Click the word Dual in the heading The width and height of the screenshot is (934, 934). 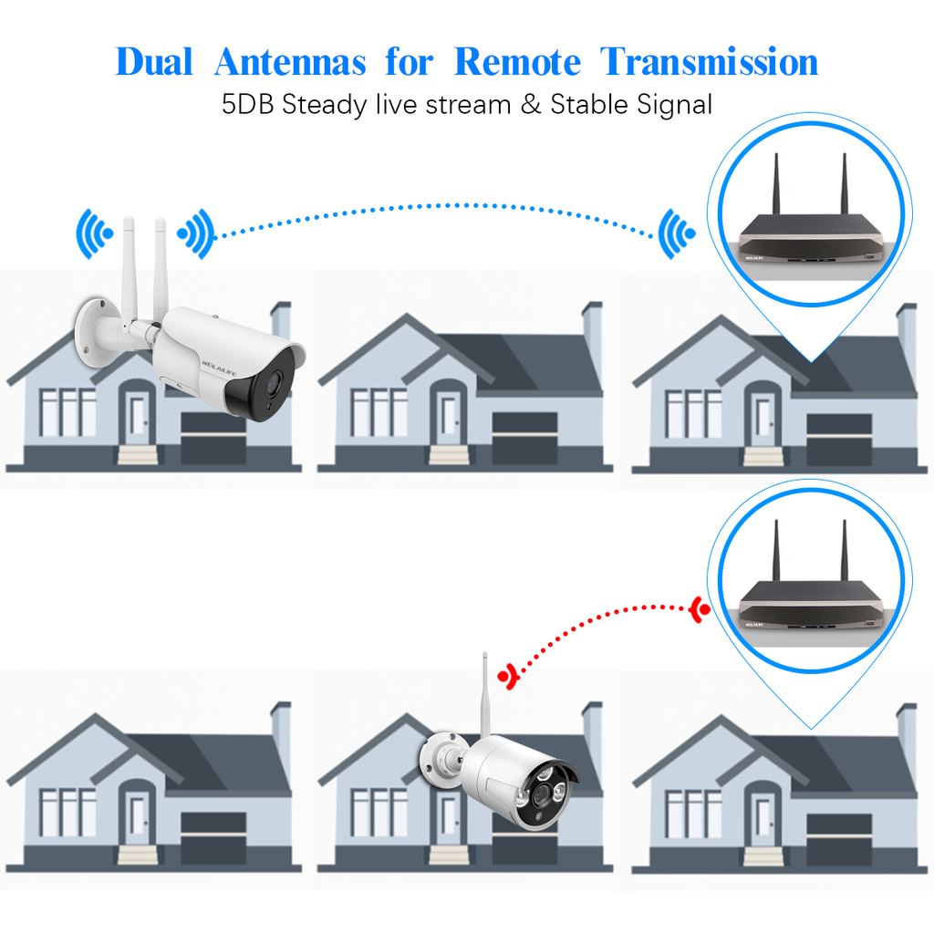coord(154,62)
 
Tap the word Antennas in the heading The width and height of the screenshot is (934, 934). coord(290,62)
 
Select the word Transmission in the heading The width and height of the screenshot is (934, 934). coord(710,62)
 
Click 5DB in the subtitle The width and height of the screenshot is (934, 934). coord(249,104)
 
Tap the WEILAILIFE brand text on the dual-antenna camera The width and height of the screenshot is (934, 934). coord(215,358)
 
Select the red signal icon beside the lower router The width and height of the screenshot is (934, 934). coord(700,609)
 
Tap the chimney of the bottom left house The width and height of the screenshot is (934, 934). coord(281,730)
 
